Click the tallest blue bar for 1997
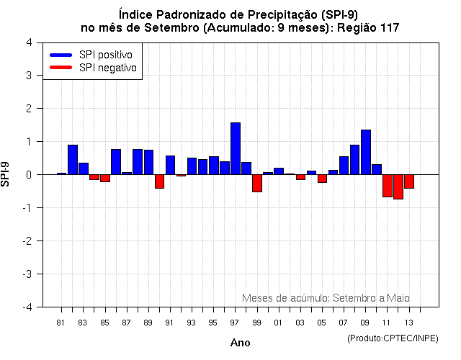236,148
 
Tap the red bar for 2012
398,186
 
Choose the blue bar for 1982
73,160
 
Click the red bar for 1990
159,181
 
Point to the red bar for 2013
409,181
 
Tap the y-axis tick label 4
28,42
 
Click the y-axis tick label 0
28,174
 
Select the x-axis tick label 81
61,323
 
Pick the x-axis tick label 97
235,323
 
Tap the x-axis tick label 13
408,323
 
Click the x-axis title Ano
240,343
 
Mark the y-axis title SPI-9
7,174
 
